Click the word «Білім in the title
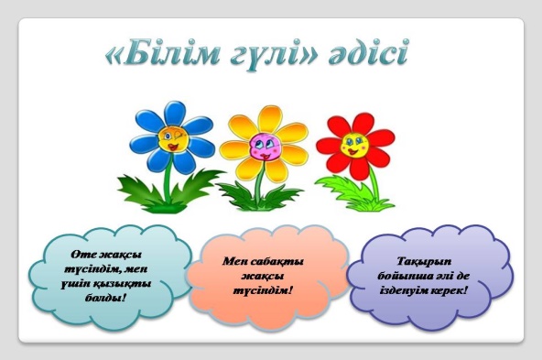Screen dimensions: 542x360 (x=162, y=54)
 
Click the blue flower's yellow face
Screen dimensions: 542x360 (x=173, y=139)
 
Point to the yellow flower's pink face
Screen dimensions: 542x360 (x=266, y=147)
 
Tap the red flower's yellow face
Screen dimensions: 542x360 (x=354, y=145)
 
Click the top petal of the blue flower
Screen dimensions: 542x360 (x=175, y=114)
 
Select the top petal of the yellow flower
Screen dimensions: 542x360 (x=269, y=119)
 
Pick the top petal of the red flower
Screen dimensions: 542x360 (x=363, y=124)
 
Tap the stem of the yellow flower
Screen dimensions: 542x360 (x=258, y=183)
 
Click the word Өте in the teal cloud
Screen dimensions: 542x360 (x=82, y=255)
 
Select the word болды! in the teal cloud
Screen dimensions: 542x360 (x=106, y=297)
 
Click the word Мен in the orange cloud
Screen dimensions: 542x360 (x=233, y=261)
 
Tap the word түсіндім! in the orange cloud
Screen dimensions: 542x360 (x=263, y=290)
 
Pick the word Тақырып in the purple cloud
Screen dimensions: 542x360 (x=423, y=262)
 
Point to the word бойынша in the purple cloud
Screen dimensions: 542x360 (x=401, y=276)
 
